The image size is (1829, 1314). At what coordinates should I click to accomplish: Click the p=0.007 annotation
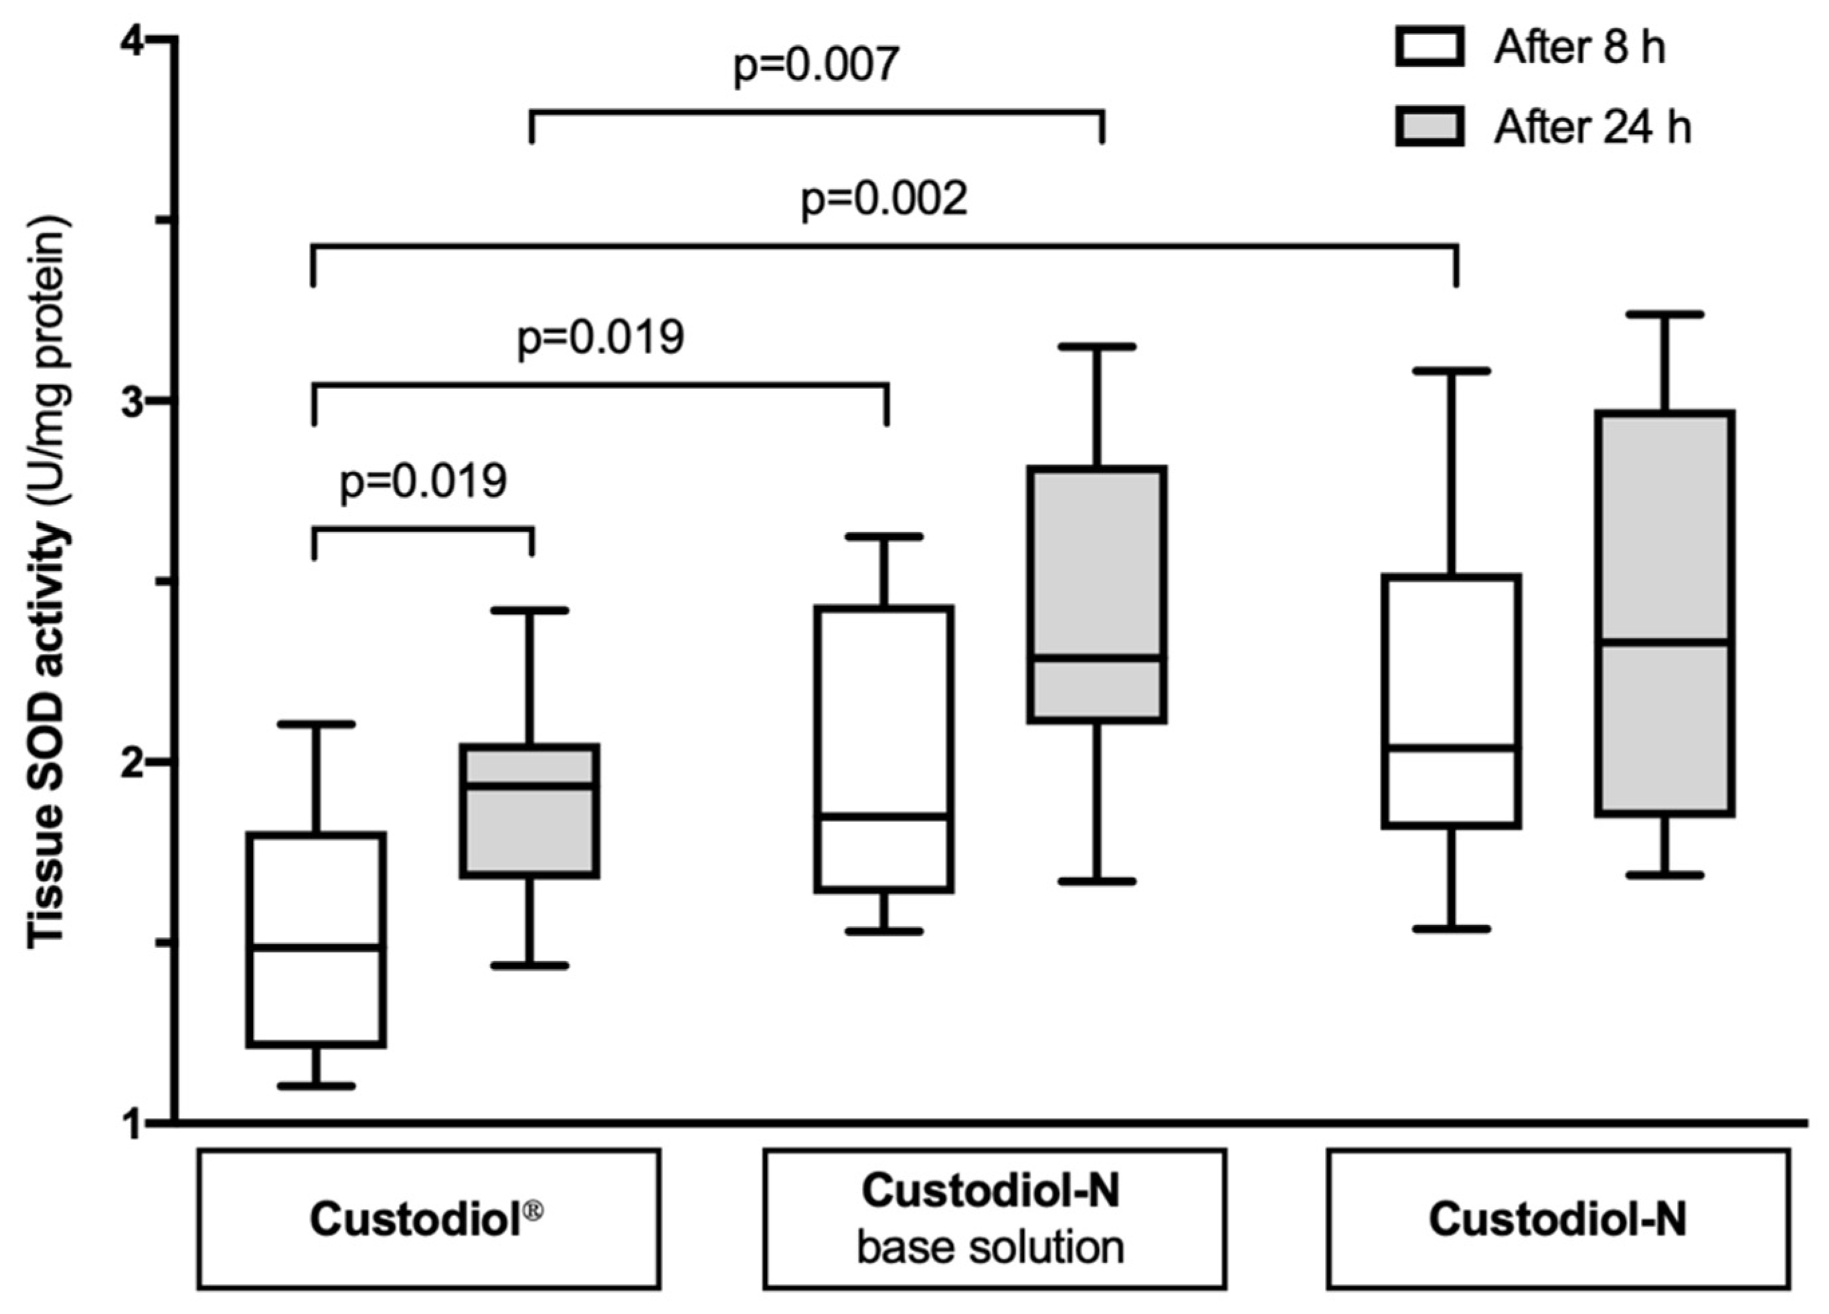(x=815, y=64)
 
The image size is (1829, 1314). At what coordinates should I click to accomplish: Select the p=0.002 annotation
(x=883, y=198)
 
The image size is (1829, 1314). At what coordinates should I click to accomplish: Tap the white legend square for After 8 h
(x=1429, y=47)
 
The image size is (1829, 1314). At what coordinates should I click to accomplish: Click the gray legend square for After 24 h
(x=1429, y=127)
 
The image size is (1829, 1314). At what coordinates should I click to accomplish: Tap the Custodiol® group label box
(x=428, y=1219)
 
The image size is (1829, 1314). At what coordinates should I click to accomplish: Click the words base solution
(x=990, y=1248)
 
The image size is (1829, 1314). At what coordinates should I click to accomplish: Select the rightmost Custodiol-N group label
(x=1557, y=1219)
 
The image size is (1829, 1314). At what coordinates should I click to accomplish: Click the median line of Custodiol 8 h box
(x=316, y=947)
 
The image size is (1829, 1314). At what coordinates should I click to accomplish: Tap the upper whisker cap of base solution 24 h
(x=1097, y=347)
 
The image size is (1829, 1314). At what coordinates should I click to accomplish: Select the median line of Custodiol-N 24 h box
(x=1663, y=642)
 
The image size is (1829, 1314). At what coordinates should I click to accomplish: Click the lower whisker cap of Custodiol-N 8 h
(x=1452, y=929)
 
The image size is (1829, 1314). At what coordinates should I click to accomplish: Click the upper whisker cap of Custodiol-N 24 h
(x=1663, y=314)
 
